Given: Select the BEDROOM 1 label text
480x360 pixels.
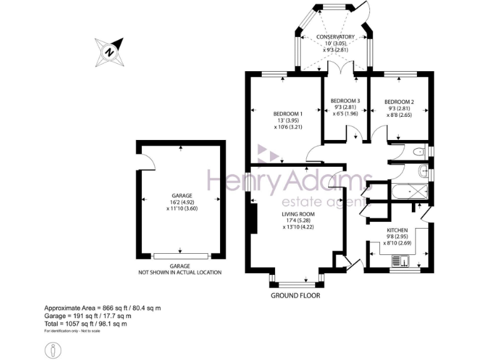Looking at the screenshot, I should [x=287, y=113].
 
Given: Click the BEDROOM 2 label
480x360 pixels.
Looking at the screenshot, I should [x=399, y=101].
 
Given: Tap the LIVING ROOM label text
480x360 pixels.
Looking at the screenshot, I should [x=297, y=214].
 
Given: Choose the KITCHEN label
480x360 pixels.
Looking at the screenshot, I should [x=397, y=231].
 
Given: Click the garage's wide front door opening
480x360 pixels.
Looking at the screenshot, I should [x=181, y=256].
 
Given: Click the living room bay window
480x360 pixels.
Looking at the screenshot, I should [x=297, y=279].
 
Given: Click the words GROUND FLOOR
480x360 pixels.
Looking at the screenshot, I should [x=296, y=295].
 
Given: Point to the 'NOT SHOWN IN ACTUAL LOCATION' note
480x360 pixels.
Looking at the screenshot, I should [x=180, y=272].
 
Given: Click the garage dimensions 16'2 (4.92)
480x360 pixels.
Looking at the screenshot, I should [x=180, y=202].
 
